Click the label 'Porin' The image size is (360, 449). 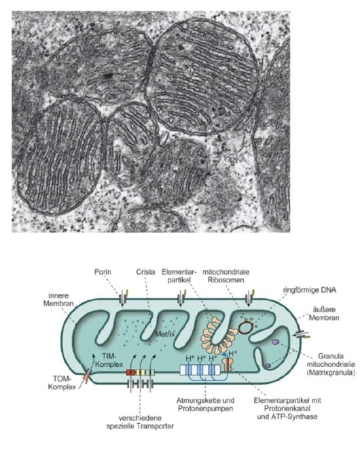pos(103,272)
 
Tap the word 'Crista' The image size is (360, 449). pos(145,272)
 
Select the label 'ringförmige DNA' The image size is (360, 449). pos(310,290)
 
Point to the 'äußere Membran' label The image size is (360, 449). pos(324,314)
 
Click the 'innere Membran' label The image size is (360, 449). pos(58,300)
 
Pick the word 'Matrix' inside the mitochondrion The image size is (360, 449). pos(165,334)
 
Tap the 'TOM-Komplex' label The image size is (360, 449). pos(62,383)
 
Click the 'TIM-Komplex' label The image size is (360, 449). pos(109,360)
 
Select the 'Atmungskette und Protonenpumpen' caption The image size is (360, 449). pos(205,404)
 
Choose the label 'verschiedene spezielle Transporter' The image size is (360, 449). pos(140,422)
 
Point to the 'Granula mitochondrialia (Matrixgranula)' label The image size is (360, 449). pos(331,365)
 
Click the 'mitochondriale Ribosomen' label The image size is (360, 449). pos(226,276)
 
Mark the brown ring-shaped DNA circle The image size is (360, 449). pos(246,327)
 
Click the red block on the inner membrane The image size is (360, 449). pos(130,372)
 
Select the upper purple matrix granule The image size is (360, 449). pos(275,342)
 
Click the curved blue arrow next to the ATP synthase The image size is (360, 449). pos(226,355)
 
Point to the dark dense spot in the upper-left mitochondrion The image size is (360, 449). pos(108,75)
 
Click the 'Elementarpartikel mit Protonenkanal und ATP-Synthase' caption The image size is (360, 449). pos(287,408)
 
